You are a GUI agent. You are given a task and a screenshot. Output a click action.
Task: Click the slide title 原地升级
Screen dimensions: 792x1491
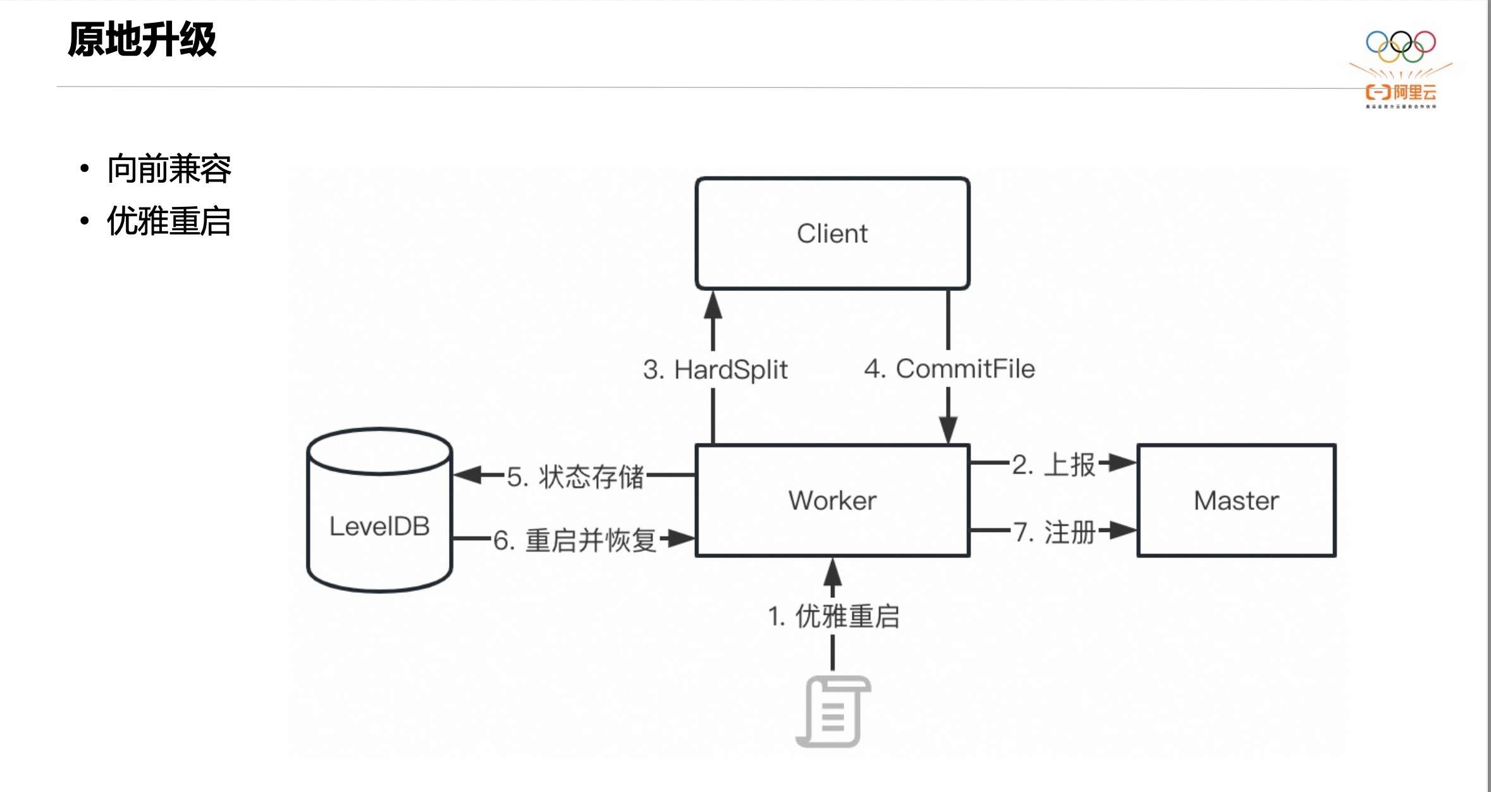point(142,40)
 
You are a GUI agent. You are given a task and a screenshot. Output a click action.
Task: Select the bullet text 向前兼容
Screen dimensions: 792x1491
point(169,169)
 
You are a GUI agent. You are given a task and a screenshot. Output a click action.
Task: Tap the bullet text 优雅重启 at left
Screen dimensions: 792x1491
point(169,221)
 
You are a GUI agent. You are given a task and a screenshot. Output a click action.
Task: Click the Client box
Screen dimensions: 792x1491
point(832,233)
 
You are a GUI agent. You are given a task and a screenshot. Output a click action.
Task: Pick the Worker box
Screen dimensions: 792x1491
point(832,500)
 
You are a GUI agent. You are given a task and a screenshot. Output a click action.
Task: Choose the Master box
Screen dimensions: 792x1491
point(1236,500)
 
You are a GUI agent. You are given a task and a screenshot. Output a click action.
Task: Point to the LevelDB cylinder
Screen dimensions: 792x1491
point(379,526)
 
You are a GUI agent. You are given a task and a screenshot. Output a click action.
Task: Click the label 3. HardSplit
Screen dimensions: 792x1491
point(715,369)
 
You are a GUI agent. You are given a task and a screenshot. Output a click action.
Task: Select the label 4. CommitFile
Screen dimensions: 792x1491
point(949,369)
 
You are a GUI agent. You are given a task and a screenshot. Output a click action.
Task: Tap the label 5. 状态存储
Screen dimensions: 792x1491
point(575,477)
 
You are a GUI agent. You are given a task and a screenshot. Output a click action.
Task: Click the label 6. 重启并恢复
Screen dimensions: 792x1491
point(575,541)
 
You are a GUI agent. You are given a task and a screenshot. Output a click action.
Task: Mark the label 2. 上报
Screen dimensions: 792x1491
point(1053,465)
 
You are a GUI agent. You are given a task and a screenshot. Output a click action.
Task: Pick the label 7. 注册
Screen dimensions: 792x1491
point(1054,532)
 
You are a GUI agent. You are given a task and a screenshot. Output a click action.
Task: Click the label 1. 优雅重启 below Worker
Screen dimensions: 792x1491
point(833,616)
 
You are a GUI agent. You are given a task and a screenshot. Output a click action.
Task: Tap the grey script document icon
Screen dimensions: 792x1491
point(833,712)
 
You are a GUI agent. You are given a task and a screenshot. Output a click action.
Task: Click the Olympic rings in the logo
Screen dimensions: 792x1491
point(1401,46)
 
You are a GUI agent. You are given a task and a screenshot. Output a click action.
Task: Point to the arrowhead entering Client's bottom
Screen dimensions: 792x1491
point(713,305)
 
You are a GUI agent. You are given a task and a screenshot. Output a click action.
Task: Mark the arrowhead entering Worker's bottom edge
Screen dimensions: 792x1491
point(833,572)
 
